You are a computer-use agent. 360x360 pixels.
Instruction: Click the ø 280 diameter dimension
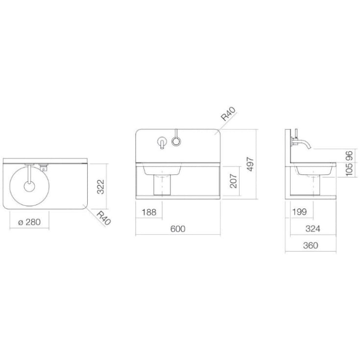(x=29, y=222)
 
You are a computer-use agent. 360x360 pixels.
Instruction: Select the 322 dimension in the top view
(x=100, y=187)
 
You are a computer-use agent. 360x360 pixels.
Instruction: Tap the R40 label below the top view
(x=104, y=218)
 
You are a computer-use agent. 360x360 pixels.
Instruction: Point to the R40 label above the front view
(x=228, y=114)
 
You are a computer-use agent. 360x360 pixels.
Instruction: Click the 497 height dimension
(x=250, y=164)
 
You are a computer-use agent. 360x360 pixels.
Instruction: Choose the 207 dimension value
(x=233, y=181)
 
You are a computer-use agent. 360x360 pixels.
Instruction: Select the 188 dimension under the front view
(x=149, y=212)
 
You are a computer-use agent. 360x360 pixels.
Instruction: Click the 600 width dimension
(x=178, y=229)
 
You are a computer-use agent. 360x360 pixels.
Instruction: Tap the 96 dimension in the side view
(x=349, y=156)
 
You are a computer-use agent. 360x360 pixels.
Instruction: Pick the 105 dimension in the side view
(x=349, y=169)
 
